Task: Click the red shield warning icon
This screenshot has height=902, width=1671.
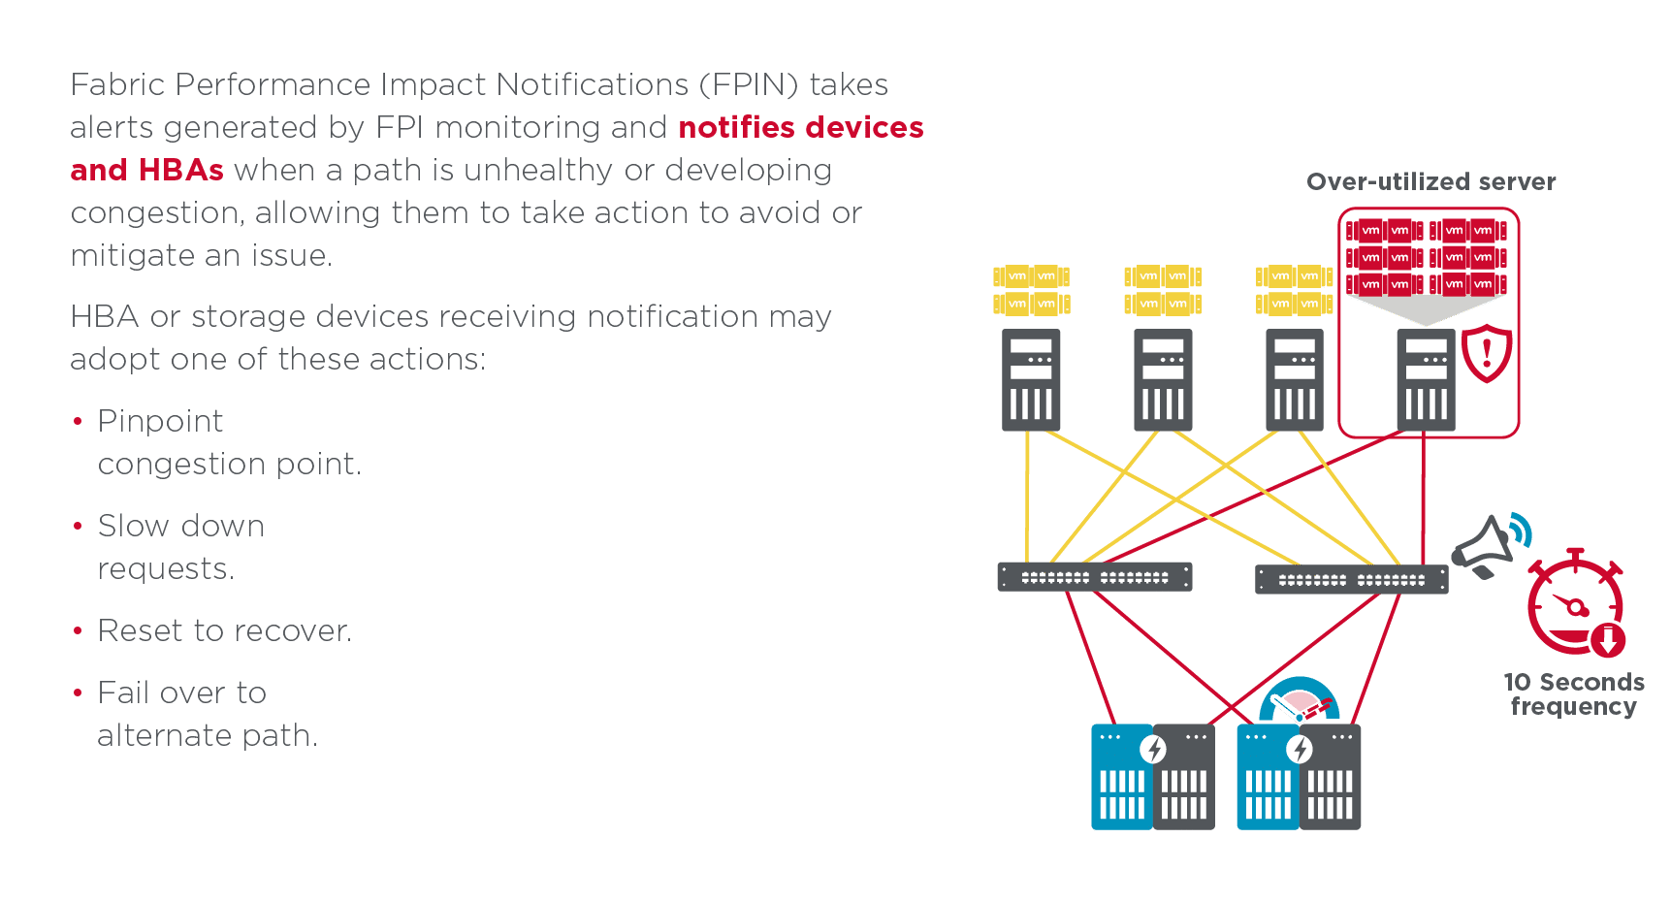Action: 1487,353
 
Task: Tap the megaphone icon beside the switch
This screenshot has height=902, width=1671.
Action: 1484,548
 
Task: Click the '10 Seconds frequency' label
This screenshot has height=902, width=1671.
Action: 1573,694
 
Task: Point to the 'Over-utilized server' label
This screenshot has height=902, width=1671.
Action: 1430,182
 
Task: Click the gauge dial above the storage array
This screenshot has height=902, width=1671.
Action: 1300,701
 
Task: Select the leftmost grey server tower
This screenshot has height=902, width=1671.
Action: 1031,380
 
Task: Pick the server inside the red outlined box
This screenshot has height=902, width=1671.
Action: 1425,380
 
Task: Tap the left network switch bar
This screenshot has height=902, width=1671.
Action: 1095,577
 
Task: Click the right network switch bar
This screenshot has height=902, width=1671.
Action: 1351,579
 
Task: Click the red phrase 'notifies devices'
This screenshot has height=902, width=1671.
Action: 800,127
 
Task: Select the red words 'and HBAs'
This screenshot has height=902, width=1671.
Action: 146,170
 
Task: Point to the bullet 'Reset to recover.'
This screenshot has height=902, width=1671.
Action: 224,630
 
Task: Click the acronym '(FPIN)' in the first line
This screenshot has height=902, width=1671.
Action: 749,84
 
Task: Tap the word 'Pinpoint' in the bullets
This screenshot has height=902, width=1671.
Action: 160,421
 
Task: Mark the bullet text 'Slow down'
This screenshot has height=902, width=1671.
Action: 180,526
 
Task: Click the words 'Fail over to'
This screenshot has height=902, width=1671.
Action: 181,693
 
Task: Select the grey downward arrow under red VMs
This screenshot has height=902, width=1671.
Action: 1425,309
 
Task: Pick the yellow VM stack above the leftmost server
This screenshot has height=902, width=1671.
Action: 1031,290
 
